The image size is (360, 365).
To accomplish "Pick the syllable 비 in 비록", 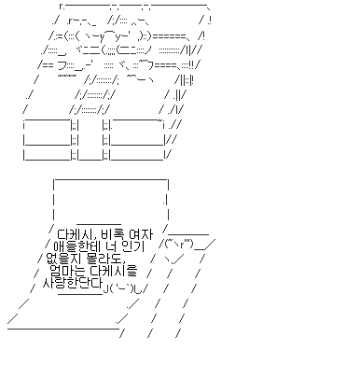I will point(110,232).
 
